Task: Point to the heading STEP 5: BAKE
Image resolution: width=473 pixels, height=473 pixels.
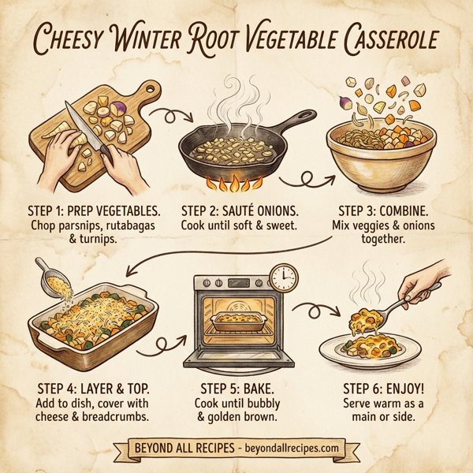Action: click(x=236, y=388)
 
